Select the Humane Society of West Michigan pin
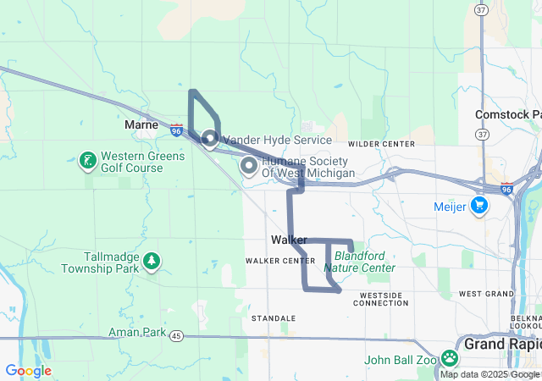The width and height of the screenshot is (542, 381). pos(249,165)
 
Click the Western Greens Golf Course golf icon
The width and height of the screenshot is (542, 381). pos(87,160)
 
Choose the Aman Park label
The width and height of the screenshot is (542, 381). pos(137,333)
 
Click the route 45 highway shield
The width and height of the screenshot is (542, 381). pos(175,336)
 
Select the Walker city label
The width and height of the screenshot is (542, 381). pos(289,240)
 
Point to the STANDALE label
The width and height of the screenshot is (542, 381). pos(274,318)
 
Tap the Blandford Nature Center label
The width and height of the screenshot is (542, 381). pos(364,261)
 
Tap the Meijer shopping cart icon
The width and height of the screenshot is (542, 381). pos(479,204)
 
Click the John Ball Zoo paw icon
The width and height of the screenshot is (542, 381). pos(449,359)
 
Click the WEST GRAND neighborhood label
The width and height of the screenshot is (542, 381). pos(486,294)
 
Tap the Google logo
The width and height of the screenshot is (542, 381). pos(28,371)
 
